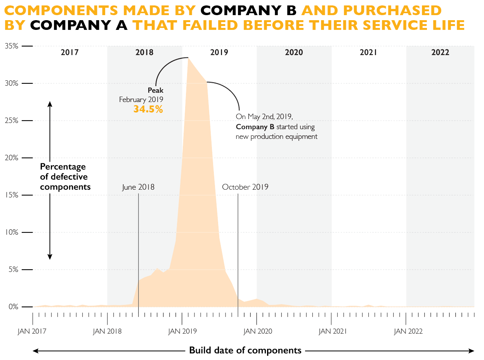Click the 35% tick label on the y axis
[11, 46]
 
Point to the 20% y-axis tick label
[11, 158]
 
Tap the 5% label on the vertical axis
[13, 270]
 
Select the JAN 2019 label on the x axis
[182, 331]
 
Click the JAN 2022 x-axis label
[408, 331]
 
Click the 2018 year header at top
[144, 52]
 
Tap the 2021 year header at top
[368, 52]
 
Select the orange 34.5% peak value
[148, 109]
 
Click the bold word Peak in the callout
[155, 90]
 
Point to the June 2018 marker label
[138, 187]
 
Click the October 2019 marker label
[245, 187]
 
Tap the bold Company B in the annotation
[255, 127]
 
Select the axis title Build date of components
[245, 350]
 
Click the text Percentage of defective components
[65, 177]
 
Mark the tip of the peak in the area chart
[188, 58]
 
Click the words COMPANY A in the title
[79, 25]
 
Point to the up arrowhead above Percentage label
[50, 103]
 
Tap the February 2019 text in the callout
[141, 100]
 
